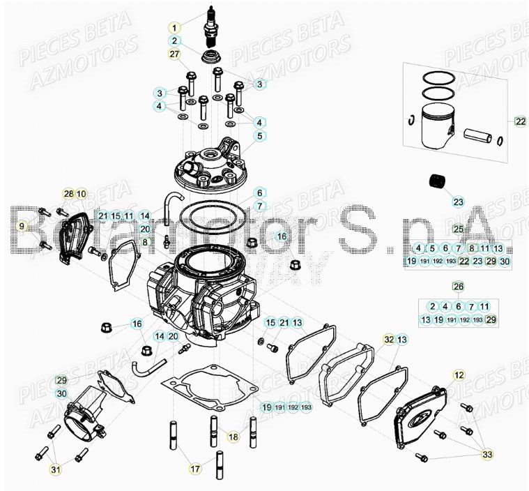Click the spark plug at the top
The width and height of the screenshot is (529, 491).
point(210,24)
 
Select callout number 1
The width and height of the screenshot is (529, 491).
point(174,28)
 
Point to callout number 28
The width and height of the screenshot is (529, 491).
point(68,194)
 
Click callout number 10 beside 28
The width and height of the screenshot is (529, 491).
point(81,194)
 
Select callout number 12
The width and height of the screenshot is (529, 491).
point(458,375)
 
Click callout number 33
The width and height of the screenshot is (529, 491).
point(487,454)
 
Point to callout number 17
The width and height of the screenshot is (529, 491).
point(195,468)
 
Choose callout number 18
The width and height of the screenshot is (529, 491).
point(233,437)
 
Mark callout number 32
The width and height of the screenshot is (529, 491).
point(389,339)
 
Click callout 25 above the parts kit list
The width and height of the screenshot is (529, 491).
point(458,229)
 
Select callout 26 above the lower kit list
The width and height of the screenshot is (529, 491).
point(458,286)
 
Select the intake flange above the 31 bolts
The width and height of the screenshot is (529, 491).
point(85,410)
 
